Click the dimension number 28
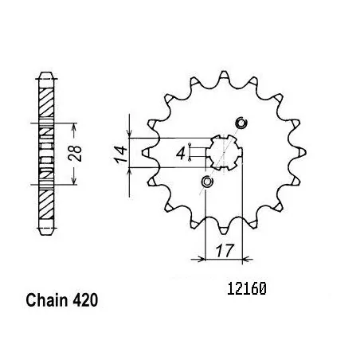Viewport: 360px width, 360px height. [x=75, y=154]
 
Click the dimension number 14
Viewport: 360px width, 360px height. [x=120, y=155]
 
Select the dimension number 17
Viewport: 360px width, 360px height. [x=225, y=251]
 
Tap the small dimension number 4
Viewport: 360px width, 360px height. [x=181, y=154]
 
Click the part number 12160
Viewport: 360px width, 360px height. [x=247, y=289]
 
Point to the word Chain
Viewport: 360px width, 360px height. [x=47, y=300]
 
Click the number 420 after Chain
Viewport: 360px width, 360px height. [x=85, y=300]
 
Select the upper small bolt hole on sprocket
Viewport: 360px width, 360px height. [x=241, y=123]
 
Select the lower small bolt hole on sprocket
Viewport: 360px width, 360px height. [x=207, y=182]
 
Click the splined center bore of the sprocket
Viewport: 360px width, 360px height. [x=224, y=153]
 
